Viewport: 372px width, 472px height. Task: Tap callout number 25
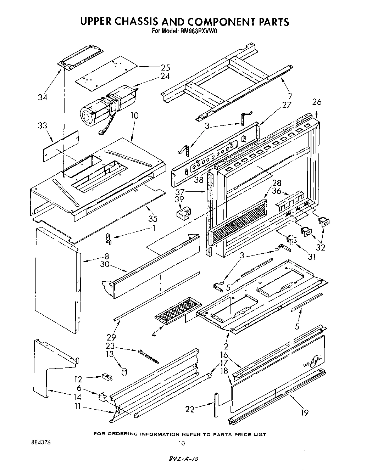(x=165, y=67)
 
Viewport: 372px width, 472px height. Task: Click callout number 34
(x=43, y=97)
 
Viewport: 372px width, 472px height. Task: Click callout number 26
(x=316, y=102)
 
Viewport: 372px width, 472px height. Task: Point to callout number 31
(x=311, y=256)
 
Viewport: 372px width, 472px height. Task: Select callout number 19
(x=304, y=412)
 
